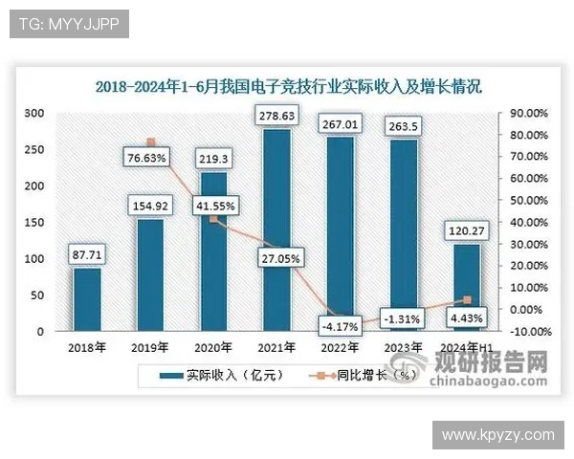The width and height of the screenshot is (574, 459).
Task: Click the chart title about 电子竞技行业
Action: [x=288, y=87]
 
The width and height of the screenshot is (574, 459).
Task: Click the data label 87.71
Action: [x=87, y=254]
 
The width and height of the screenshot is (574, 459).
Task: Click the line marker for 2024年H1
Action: [x=467, y=300]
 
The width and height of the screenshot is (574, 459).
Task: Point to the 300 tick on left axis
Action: [x=34, y=113]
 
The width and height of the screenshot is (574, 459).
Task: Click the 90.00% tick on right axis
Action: [x=527, y=113]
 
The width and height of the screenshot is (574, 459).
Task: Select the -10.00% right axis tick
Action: [x=527, y=332]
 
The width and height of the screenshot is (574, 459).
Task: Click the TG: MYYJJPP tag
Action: [x=68, y=23]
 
